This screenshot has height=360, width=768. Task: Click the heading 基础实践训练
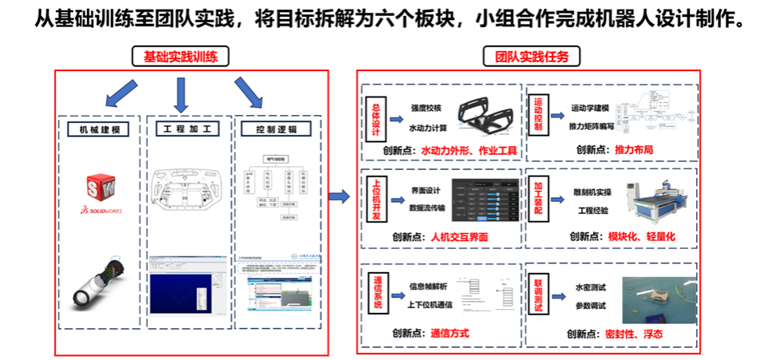coord(180,57)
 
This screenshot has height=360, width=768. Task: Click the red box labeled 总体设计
coord(377,115)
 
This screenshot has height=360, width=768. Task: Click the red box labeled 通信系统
coord(377,293)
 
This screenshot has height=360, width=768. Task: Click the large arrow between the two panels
coord(340,196)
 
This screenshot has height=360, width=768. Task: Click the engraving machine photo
coord(654,200)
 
